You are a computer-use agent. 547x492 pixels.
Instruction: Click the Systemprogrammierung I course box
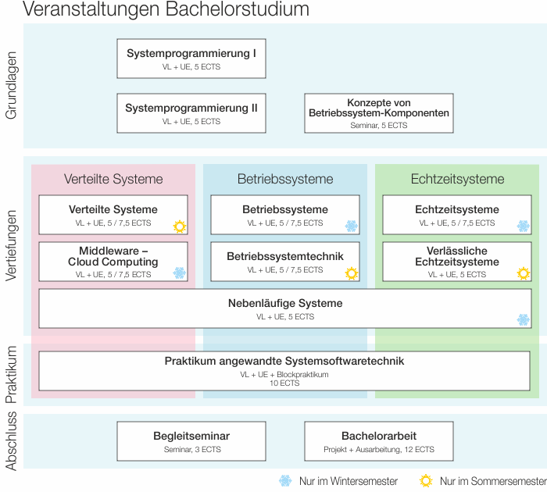coord(191,59)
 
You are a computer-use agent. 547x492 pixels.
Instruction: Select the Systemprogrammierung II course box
coord(191,113)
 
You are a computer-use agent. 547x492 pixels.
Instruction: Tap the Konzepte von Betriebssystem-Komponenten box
coord(378,113)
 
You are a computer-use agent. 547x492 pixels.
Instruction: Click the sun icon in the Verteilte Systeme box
coord(180,226)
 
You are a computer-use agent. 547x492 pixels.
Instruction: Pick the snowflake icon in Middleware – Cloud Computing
coord(180,273)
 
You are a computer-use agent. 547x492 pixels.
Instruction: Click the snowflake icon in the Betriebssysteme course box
coord(352,226)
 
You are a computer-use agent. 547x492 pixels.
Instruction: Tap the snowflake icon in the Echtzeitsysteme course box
coord(524,226)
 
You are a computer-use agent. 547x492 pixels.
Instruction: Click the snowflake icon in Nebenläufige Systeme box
coord(524,319)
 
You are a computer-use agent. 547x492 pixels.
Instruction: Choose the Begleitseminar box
coord(191,441)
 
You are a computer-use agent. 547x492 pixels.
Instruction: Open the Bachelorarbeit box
coord(378,441)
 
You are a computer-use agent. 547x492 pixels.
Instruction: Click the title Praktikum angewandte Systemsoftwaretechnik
coord(284,362)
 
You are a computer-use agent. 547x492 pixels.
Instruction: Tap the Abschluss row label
coord(11,441)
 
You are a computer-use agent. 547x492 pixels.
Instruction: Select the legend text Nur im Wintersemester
coord(348,482)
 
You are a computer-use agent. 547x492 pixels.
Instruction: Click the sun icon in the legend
coord(426,481)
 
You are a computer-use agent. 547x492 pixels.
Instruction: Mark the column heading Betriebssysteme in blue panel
coord(285,179)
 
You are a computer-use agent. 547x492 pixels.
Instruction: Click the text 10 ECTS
coord(284,383)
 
